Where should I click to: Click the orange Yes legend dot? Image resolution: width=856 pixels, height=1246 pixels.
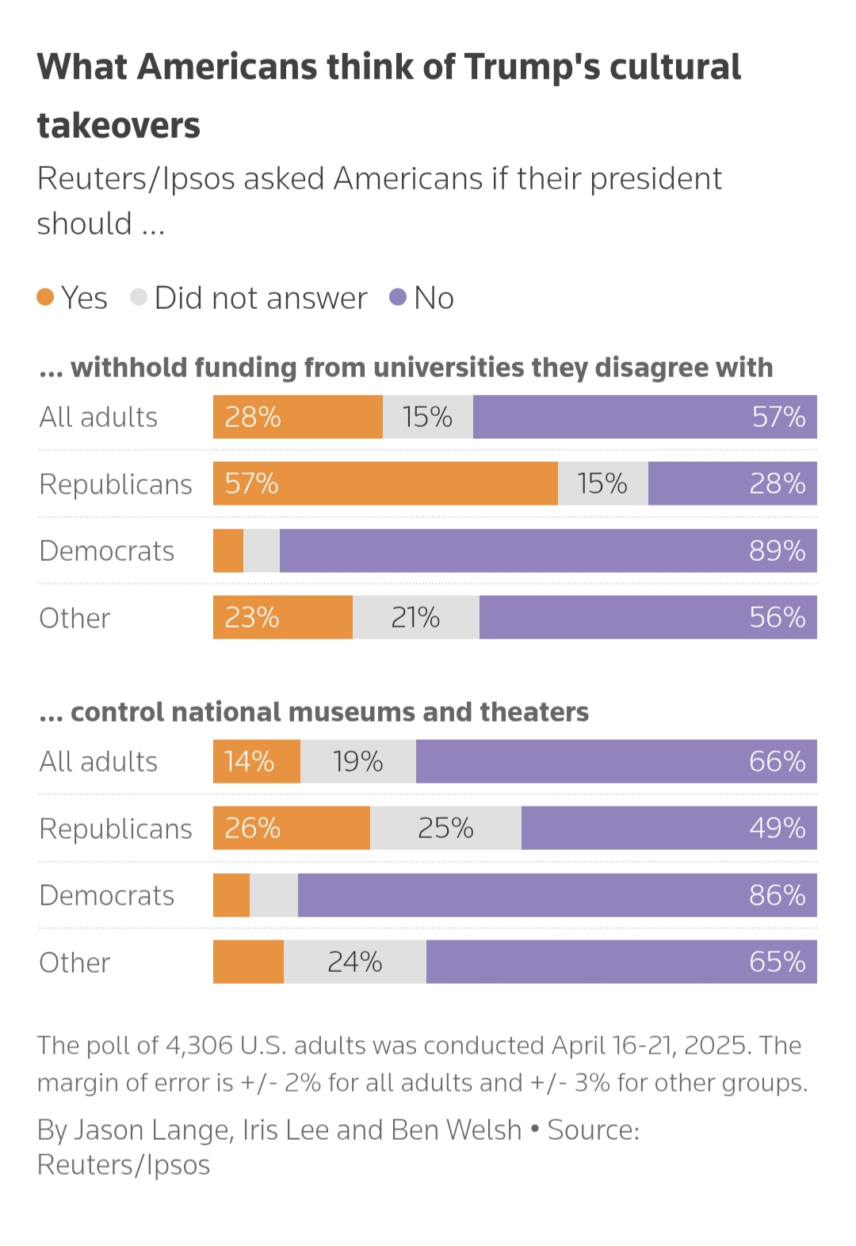45,298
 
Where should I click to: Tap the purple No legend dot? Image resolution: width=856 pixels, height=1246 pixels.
398,298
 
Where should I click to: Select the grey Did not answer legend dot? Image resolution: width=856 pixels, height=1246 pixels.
139,298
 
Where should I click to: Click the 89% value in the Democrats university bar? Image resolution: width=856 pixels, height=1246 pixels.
777,551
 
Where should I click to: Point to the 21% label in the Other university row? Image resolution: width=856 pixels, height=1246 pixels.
415,618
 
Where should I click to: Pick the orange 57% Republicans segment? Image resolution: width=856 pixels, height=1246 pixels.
385,484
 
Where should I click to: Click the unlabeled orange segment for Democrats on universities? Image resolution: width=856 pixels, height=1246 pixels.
228,551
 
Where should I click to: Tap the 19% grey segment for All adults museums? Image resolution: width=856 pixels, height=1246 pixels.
358,762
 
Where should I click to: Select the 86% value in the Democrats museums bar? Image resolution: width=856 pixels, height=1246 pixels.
777,896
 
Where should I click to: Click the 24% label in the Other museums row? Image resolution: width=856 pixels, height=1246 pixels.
355,962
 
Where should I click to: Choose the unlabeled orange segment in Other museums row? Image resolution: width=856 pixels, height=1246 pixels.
248,962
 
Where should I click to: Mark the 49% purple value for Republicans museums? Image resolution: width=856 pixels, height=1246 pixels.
777,829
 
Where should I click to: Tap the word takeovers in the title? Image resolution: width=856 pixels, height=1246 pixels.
119,126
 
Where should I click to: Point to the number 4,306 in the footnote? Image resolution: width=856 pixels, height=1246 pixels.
199,1046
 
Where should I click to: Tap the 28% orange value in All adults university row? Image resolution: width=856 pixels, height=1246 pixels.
253,417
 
